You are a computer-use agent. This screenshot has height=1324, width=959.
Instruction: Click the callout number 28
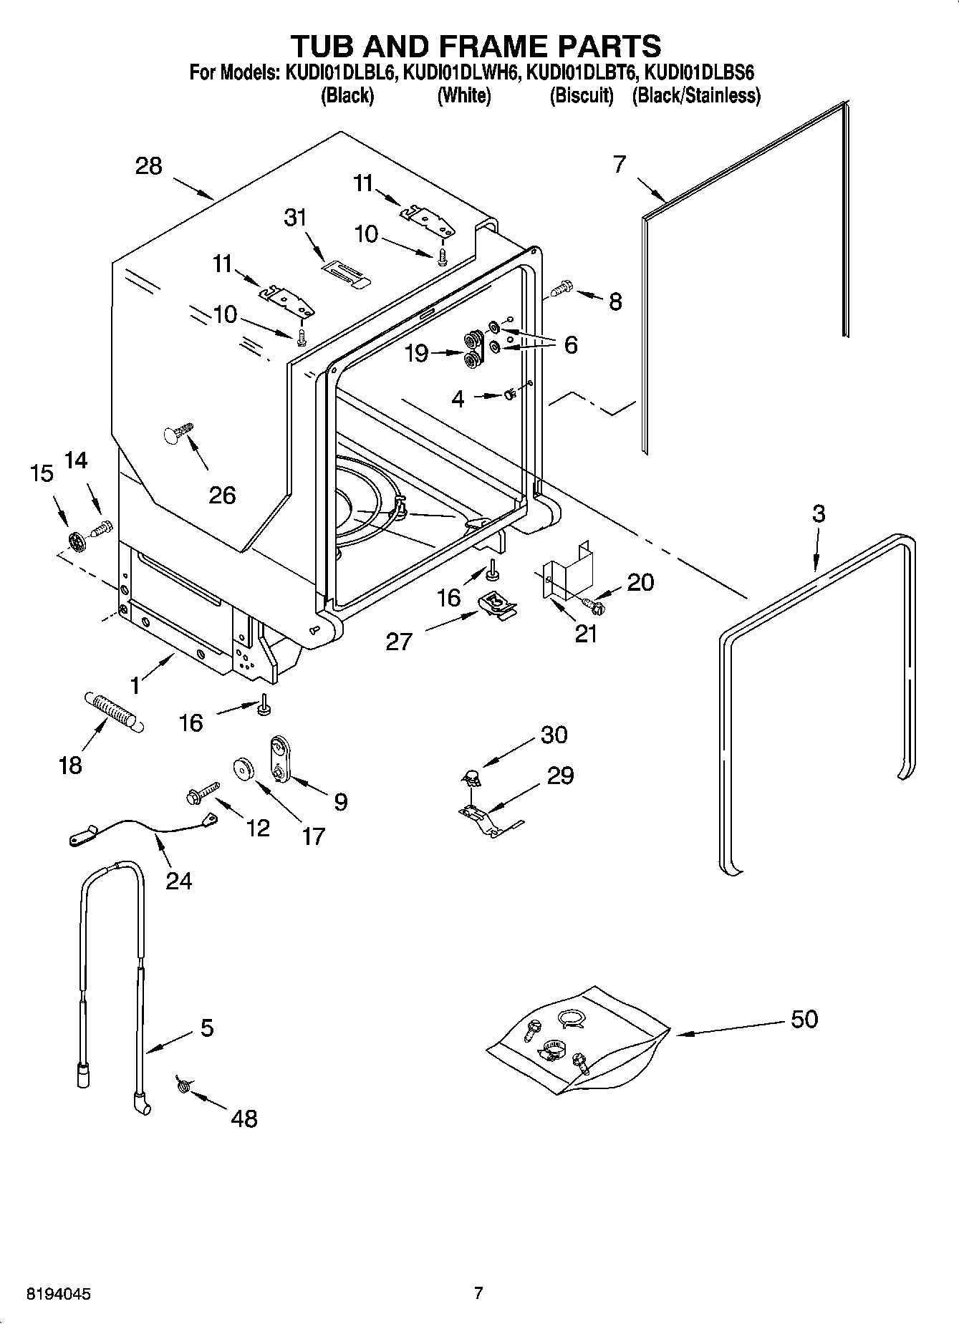coord(149,166)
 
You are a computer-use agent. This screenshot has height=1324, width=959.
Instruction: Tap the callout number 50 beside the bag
coord(804,1018)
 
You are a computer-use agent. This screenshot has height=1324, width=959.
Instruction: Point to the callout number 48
coord(244,1118)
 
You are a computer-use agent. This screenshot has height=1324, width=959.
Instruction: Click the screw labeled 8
coord(561,287)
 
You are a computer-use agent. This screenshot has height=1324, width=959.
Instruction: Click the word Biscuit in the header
coord(582,96)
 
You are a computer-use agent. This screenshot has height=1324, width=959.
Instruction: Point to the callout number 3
coord(818,513)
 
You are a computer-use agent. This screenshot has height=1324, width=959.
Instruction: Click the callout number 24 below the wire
coord(178,879)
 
